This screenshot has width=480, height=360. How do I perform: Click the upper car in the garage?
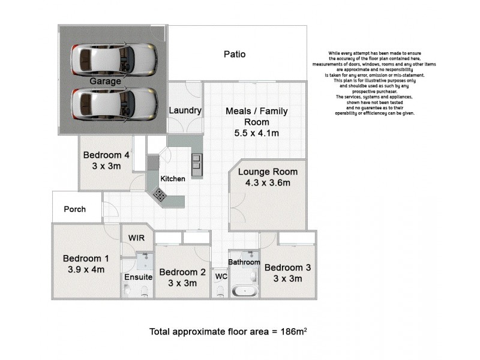(114, 58)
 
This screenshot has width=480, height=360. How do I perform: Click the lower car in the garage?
(114, 104)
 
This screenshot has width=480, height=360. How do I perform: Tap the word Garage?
(106, 81)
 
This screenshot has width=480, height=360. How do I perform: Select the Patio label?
(235, 55)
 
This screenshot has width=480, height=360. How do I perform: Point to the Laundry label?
(185, 110)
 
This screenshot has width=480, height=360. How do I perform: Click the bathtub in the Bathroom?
(245, 292)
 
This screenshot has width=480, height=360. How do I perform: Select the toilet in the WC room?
(220, 292)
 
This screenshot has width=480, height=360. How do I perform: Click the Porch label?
(74, 209)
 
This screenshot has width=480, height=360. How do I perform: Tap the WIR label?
(137, 238)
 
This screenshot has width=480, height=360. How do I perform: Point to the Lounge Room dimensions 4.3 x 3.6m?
(268, 183)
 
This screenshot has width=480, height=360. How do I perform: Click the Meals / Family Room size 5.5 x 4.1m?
(257, 133)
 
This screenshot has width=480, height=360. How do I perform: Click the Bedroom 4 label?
(106, 154)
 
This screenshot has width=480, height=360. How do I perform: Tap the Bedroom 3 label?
(287, 268)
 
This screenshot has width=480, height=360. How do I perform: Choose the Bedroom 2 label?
(182, 271)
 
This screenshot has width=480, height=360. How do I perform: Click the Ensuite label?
(139, 277)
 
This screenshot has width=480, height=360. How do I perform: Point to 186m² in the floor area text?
(294, 331)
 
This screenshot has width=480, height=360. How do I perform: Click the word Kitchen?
(173, 178)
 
